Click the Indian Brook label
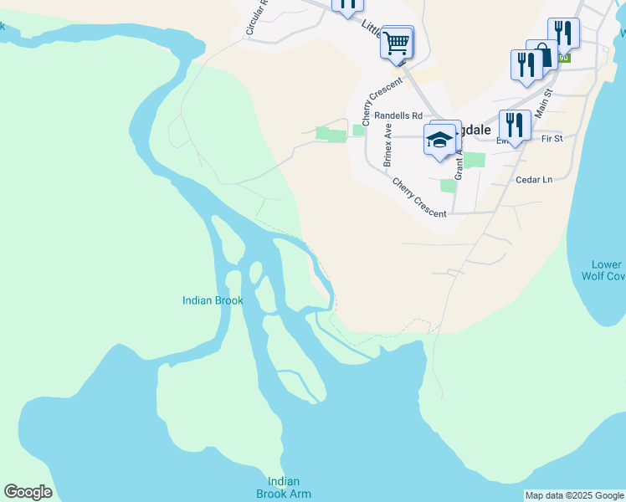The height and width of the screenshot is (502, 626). [213, 300]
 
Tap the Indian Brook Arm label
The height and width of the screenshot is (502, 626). [289, 487]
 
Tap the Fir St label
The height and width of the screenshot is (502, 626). [552, 138]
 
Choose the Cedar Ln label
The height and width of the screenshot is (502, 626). [535, 179]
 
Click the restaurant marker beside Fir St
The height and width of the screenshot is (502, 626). [514, 125]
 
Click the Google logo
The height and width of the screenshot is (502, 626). [28, 492]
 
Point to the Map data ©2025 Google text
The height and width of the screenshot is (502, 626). [574, 495]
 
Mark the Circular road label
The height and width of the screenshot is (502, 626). [255, 17]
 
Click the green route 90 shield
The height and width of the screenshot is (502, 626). [564, 58]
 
